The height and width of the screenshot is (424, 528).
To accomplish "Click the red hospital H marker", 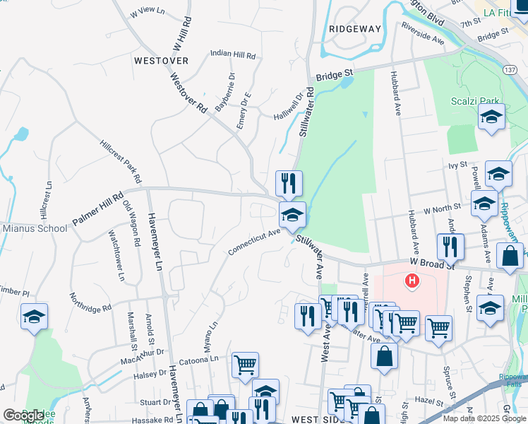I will click(411, 282).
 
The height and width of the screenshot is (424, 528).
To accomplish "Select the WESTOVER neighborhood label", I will click(161, 61).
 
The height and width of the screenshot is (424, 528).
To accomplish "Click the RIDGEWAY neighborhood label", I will click(354, 29).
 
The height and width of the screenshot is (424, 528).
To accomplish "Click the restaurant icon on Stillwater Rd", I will click(289, 183).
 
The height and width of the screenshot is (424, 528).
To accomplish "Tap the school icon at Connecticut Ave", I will click(292, 214).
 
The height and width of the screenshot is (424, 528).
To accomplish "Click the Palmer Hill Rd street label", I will click(97, 206).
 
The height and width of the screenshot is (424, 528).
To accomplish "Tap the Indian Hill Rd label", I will click(232, 54).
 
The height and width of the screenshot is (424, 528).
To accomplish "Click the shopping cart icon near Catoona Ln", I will click(245, 365).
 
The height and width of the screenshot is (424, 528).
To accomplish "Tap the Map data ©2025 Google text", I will click(484, 418).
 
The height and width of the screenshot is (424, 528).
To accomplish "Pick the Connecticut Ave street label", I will click(254, 242).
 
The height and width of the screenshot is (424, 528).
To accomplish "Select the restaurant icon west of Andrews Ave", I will click(450, 247).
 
